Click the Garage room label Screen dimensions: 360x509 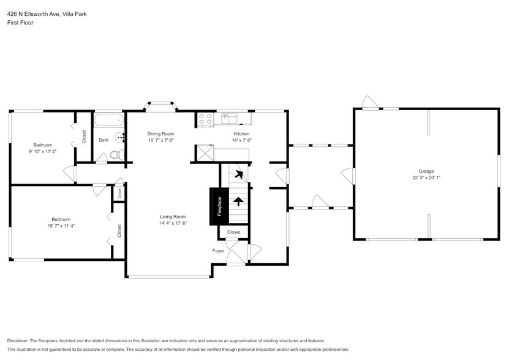tap(426, 171)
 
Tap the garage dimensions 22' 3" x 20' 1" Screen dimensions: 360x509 tap(426, 178)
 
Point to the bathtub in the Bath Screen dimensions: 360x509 tap(109, 119)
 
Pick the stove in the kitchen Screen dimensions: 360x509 tap(205, 119)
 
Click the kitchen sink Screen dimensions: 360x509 tap(229, 116)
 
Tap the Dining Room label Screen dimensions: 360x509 tap(160, 133)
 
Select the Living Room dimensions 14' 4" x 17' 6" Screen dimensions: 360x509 tap(173, 223)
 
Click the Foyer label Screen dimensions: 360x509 tap(218, 251)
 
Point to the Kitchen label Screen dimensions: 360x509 tap(241, 133)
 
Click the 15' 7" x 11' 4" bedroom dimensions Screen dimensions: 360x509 tap(61, 226)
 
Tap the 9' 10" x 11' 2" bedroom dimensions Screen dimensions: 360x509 tap(42, 151)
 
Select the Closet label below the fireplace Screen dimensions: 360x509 tap(234, 233)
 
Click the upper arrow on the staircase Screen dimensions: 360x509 tap(239, 174)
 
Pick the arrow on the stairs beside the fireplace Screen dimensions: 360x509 tap(238, 200)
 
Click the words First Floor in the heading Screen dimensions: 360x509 tap(20, 23)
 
